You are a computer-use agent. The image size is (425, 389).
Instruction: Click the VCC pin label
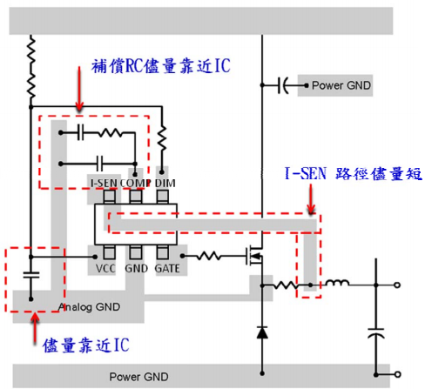(x=105, y=268)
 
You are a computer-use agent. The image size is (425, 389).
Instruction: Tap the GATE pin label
(x=167, y=268)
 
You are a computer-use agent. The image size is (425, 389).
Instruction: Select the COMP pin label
(x=135, y=183)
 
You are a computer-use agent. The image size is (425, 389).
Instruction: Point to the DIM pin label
(x=165, y=183)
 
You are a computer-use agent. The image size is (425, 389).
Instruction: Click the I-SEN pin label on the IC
(x=104, y=183)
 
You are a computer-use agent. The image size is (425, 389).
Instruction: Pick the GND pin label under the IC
(x=136, y=268)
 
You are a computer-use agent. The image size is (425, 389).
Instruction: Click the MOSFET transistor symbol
(x=255, y=255)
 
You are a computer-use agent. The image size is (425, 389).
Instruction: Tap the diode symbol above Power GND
(x=262, y=332)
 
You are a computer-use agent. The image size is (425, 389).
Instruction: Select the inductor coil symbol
(x=337, y=283)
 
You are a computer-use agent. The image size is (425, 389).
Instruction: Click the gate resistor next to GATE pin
(x=209, y=256)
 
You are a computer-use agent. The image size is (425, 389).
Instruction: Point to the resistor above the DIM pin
(x=162, y=138)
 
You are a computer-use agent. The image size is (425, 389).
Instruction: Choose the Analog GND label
(x=89, y=307)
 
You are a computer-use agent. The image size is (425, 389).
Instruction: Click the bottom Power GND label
(x=138, y=377)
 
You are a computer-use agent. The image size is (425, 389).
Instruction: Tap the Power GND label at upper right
(x=341, y=85)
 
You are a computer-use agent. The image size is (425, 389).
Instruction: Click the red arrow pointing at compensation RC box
(x=79, y=89)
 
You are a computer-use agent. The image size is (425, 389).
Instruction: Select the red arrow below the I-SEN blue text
(x=311, y=199)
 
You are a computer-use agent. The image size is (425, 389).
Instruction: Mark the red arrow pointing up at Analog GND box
(x=35, y=328)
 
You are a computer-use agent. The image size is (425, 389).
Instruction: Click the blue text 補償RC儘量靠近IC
(x=161, y=66)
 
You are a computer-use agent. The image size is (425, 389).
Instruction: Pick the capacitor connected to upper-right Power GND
(x=283, y=85)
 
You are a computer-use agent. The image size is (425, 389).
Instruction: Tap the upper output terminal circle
(x=397, y=285)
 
